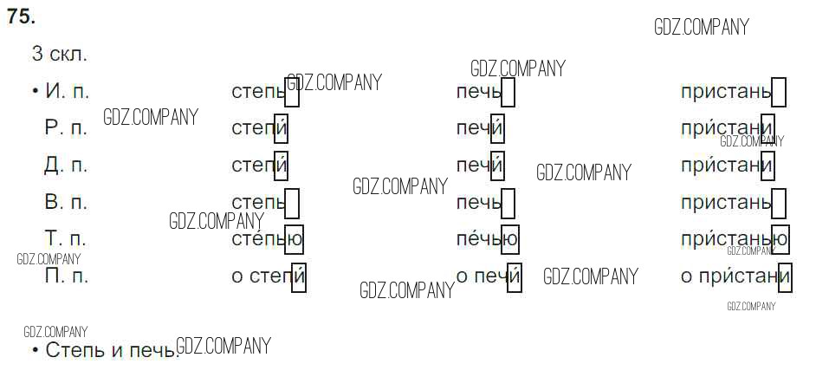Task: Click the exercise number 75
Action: coord(22,16)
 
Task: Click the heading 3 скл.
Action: coord(59,54)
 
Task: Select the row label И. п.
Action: coord(66,91)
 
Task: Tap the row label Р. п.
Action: coord(66,128)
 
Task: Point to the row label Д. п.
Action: coord(66,165)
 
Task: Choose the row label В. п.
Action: coord(66,203)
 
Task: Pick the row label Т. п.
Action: coord(66,239)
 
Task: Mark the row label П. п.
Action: coord(66,276)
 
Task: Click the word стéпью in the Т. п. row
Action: coord(267,238)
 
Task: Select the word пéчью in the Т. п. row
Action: coord(487,238)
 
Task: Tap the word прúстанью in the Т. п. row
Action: coord(735,238)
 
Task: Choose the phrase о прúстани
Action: coord(736,276)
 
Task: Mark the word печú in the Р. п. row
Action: coord(480,128)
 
